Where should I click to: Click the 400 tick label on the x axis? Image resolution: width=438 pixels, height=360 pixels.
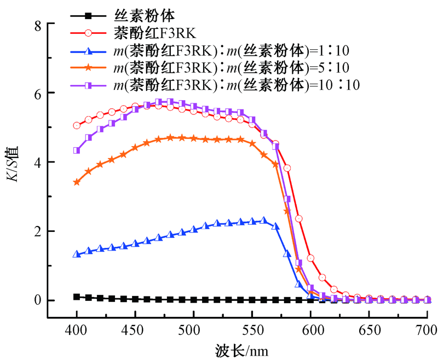click(x=76, y=330)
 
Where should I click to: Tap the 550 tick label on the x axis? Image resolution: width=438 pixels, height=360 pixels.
click(x=251, y=330)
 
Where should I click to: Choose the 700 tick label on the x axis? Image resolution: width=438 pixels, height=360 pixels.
click(x=427, y=330)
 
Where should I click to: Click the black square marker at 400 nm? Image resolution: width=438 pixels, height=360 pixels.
click(x=77, y=297)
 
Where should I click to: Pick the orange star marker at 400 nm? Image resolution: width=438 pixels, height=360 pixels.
click(x=77, y=182)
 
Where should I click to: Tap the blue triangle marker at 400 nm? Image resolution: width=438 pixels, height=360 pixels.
click(x=77, y=254)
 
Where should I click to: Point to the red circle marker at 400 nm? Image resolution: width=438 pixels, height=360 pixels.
click(x=77, y=126)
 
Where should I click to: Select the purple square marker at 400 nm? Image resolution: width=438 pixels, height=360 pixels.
click(x=77, y=150)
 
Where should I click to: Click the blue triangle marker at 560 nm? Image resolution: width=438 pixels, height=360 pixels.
click(x=263, y=220)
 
